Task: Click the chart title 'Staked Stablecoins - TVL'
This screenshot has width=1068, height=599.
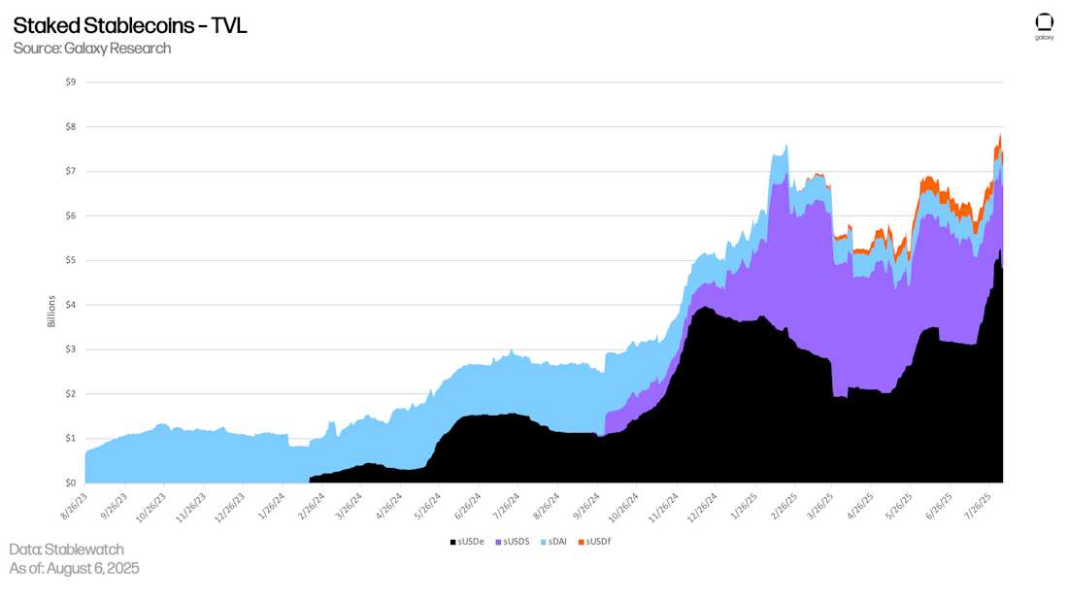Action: click(130, 26)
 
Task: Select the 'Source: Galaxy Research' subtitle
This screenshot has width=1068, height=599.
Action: click(92, 49)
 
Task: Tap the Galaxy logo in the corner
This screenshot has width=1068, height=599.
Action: click(1044, 26)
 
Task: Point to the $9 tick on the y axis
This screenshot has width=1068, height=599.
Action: click(71, 83)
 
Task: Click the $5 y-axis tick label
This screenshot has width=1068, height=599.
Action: click(71, 260)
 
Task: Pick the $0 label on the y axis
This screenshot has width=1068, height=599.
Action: click(71, 483)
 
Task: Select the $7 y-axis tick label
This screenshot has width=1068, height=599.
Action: click(71, 171)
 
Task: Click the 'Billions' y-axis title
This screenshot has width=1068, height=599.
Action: click(51, 311)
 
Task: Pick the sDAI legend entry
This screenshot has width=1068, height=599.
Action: click(555, 541)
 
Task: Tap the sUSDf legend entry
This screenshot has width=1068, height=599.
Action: click(594, 541)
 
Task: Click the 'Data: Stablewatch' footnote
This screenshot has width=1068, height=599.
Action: click(66, 549)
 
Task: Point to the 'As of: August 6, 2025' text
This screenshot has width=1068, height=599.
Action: click(74, 569)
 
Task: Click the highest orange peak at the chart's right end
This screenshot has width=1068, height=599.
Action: click(1000, 136)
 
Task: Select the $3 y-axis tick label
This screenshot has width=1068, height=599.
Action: click(71, 349)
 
